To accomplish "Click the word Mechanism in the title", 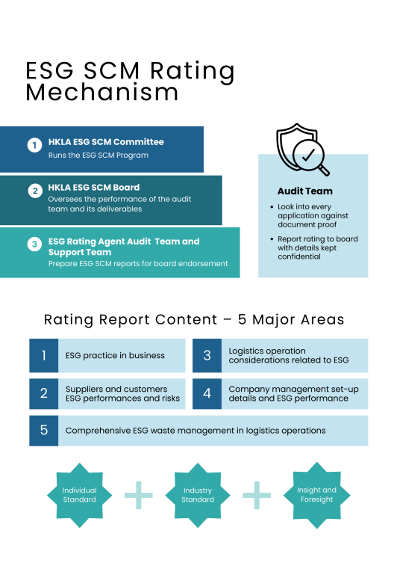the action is (102, 92).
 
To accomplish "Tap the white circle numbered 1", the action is (34, 145).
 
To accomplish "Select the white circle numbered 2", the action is (35, 191).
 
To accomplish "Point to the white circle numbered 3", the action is (34, 244).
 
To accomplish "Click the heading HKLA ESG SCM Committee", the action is (106, 142).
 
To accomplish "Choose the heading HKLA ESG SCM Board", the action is (94, 188).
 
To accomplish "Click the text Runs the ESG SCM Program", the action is (98, 156).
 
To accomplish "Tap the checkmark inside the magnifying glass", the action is (308, 155).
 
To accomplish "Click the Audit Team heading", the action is (305, 191).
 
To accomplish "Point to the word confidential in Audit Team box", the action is (299, 256).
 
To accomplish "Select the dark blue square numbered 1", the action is (44, 355).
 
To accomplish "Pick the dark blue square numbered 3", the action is (207, 355).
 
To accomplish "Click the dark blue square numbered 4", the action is (207, 393).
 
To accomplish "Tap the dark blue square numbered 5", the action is (44, 431).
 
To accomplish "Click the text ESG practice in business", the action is (115, 355).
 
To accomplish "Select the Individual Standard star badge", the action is (80, 495).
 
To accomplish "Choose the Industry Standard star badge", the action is (198, 495).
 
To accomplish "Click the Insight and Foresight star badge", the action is (317, 495).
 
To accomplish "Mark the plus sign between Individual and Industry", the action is (139, 495).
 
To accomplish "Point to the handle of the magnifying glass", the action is (324, 170).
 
